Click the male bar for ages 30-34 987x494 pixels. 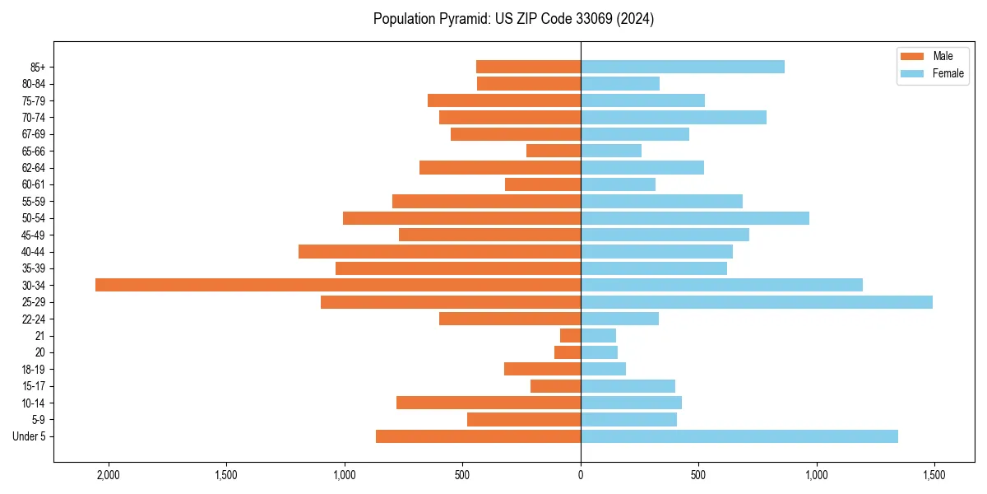pyautogui.click(x=337, y=285)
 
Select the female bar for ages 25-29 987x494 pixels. pyautogui.click(x=757, y=302)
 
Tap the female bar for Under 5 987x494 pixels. pyautogui.click(x=739, y=436)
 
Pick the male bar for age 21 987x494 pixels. pyautogui.click(x=570, y=336)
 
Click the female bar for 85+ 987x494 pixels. pyautogui.click(x=683, y=67)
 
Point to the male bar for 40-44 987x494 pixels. pyautogui.click(x=439, y=251)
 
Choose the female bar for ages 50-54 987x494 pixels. pyautogui.click(x=695, y=218)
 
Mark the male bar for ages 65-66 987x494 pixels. pyautogui.click(x=554, y=151)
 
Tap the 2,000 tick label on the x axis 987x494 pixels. pyautogui.click(x=108, y=475)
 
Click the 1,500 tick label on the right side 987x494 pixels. pyautogui.click(x=934, y=475)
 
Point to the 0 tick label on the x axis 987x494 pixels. pyautogui.click(x=581, y=475)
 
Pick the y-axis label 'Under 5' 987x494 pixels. pyautogui.click(x=29, y=436)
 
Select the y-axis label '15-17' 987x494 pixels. pyautogui.click(x=34, y=386)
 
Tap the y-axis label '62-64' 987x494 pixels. pyautogui.click(x=34, y=168)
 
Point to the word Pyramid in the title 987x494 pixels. pyautogui.click(x=461, y=19)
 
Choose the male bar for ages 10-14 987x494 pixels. pyautogui.click(x=489, y=403)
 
